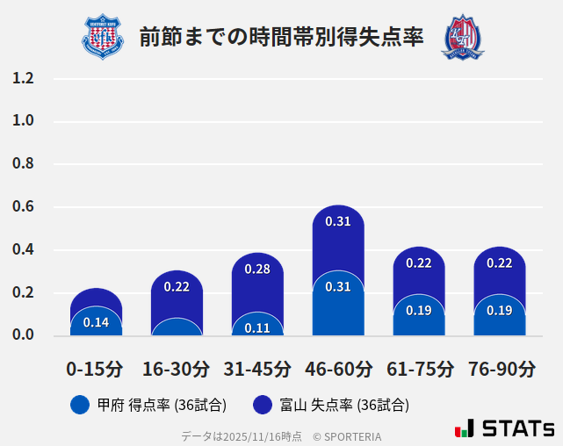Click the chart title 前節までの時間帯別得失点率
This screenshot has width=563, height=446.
(x=281, y=37)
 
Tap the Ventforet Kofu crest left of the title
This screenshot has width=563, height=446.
(x=103, y=37)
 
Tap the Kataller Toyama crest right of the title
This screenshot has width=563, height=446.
(x=462, y=37)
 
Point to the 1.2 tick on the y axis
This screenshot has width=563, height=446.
(x=23, y=78)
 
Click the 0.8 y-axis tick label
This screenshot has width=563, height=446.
(x=23, y=164)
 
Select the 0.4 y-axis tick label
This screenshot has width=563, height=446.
(x=23, y=250)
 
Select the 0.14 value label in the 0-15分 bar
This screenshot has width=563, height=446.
(x=96, y=322)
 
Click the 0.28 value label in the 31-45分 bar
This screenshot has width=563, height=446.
(x=257, y=269)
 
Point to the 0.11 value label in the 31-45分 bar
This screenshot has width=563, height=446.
(x=257, y=328)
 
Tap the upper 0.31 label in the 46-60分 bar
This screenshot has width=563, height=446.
(x=338, y=221)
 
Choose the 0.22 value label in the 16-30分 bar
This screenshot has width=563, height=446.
(x=177, y=286)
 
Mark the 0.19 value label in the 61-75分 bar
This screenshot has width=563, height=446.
(x=419, y=310)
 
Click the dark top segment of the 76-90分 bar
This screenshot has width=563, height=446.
(x=500, y=272)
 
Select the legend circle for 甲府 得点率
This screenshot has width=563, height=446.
(x=80, y=405)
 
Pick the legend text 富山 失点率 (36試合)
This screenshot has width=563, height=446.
(x=344, y=405)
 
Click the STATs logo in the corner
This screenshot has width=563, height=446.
(x=504, y=428)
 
